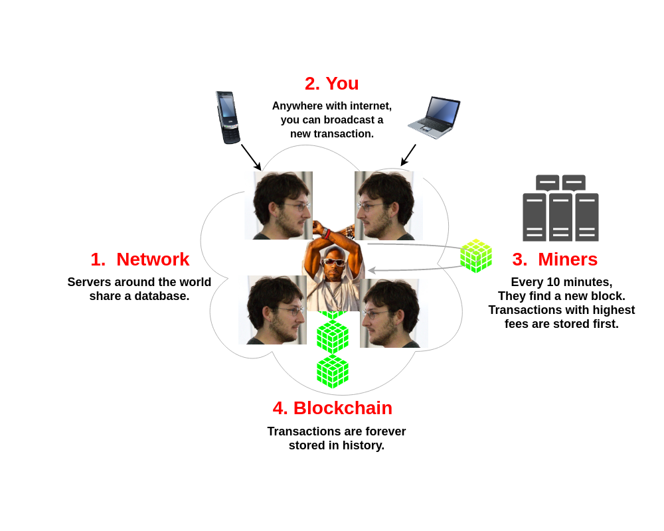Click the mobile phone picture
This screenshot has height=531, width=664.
227,117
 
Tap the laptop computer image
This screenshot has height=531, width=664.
435,117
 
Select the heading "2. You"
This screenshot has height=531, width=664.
331,84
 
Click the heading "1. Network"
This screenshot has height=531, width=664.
139,260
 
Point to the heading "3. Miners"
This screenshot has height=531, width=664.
554,260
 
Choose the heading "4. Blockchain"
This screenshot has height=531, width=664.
332,408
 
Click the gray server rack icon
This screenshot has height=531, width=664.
560,208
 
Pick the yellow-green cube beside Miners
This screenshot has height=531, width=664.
476,256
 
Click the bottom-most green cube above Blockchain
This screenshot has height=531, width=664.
333,371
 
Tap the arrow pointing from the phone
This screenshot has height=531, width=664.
251,157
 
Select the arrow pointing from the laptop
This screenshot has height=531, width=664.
408,155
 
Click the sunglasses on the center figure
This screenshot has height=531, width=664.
334,262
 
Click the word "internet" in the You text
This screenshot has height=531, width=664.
367,106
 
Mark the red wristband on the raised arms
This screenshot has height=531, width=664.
327,234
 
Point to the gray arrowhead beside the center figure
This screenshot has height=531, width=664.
372,270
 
